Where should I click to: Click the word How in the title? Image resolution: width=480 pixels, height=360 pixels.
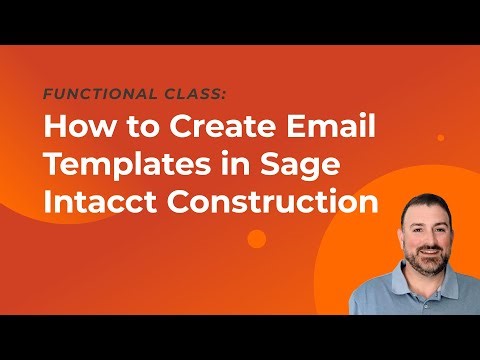[74, 128]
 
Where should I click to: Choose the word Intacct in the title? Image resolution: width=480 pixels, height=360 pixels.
[93, 201]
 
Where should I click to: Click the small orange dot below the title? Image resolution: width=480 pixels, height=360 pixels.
[257, 238]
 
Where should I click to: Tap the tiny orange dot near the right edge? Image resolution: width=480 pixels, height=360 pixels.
[440, 137]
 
